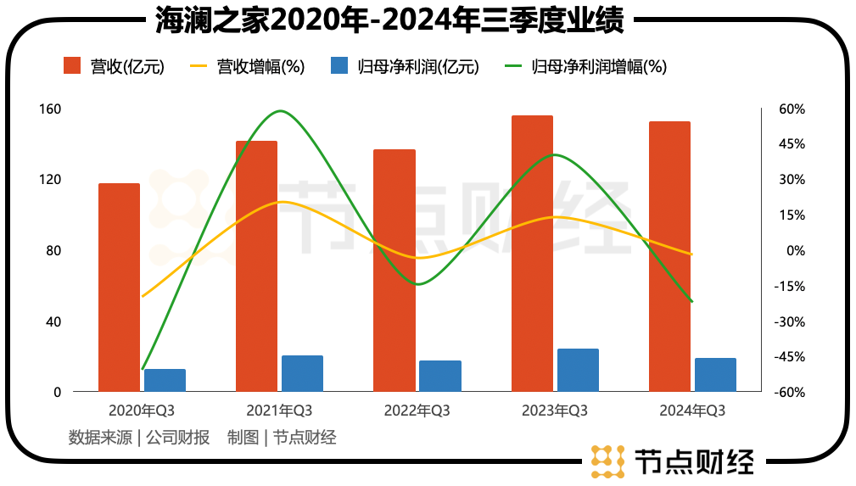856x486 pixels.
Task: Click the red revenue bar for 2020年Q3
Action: pos(119,288)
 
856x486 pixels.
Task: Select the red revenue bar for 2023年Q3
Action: pos(532,254)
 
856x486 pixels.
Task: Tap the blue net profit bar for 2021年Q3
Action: pos(302,373)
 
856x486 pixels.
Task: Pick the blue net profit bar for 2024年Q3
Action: pos(715,375)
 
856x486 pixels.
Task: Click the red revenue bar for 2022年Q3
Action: pos(394,271)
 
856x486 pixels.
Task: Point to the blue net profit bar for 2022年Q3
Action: pos(440,376)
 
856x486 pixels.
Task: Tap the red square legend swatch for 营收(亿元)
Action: pos(73,66)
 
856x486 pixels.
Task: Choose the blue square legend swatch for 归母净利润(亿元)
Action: pos(340,66)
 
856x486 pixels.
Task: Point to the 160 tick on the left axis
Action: pos(50,109)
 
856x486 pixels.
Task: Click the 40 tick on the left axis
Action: pos(53,321)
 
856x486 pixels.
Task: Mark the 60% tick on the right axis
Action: pos(792,109)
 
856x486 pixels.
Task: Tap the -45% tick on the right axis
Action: pos(791,357)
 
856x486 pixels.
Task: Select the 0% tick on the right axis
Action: pos(795,251)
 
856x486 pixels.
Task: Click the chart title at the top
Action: pos(389,20)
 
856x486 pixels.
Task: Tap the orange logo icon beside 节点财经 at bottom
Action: pos(607,461)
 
